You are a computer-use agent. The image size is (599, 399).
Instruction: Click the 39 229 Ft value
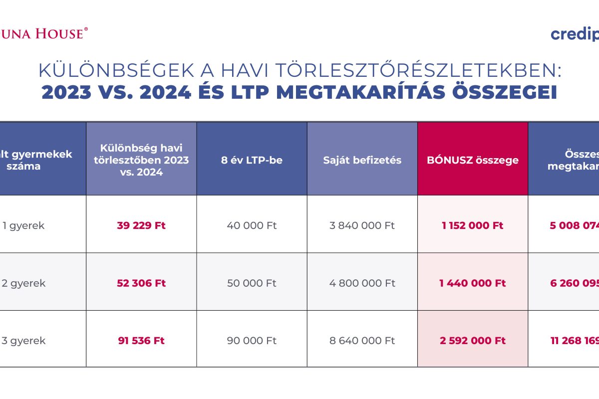coord(141,225)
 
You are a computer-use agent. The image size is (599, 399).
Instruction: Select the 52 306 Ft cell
coord(141,283)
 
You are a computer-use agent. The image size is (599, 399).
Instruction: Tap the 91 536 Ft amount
coord(141,341)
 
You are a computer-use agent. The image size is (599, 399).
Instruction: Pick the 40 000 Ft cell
coord(252,225)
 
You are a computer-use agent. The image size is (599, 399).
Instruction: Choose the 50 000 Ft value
coord(252,283)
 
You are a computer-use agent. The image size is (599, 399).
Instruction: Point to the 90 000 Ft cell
coord(252,341)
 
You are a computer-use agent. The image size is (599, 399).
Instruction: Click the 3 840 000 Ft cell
coord(362,225)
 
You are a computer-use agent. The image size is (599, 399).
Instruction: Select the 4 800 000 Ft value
coord(362,283)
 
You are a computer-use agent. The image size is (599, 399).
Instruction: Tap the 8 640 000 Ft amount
coord(362,341)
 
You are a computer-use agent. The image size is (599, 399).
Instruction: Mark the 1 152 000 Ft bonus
coord(473,225)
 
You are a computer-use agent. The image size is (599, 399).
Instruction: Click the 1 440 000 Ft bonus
coord(473,283)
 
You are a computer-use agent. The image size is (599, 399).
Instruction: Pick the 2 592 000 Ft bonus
coord(473,341)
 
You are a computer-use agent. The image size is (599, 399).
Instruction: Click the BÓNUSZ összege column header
coord(473,160)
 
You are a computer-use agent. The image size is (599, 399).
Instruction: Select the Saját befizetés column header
coord(362,160)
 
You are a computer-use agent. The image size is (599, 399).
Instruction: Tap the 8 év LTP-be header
coord(252,160)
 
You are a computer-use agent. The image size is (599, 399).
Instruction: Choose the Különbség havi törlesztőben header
coord(141,160)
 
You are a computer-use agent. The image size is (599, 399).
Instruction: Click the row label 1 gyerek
coord(23,225)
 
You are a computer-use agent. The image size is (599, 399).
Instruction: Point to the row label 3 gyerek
coord(23,341)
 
